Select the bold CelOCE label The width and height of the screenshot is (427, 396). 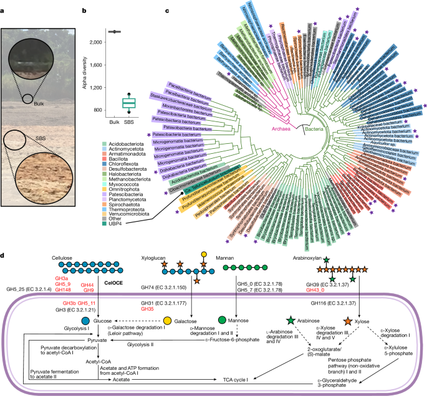click(x=78, y=281)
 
